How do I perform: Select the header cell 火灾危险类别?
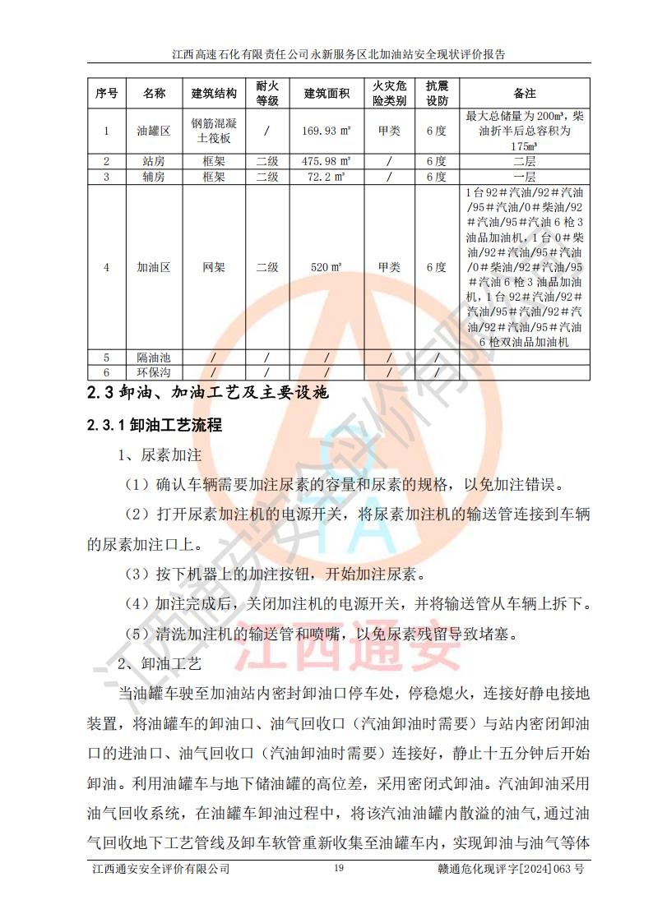[389, 93]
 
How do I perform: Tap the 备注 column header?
[525, 93]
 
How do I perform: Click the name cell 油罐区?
[154, 130]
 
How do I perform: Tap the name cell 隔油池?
[154, 357]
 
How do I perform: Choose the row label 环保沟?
[154, 372]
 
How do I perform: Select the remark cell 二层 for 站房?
[525, 161]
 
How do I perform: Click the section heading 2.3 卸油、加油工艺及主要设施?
[208, 393]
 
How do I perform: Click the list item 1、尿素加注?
[160, 455]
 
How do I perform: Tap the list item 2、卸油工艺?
[160, 662]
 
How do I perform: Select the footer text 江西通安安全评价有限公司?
[160, 869]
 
